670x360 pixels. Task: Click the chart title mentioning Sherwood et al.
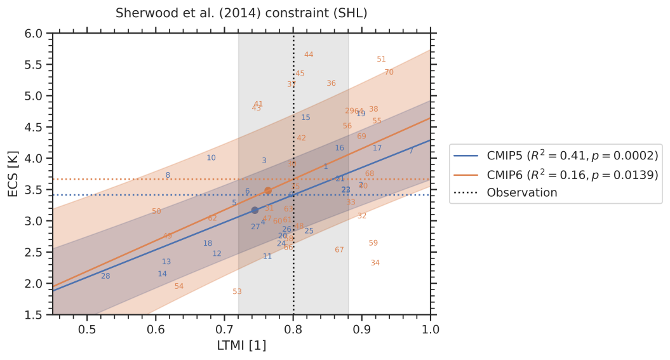(x=241, y=13)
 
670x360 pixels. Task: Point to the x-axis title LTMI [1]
(x=242, y=345)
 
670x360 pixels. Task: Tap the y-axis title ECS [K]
(x=13, y=173)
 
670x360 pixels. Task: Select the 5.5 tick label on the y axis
(x=34, y=65)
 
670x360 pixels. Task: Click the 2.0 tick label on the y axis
(x=34, y=284)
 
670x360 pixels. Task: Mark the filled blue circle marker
(x=255, y=210)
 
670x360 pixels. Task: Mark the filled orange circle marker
(x=268, y=190)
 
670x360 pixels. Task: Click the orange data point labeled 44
(x=309, y=55)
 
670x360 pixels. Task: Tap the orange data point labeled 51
(x=381, y=59)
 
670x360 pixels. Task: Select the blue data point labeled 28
(x=105, y=276)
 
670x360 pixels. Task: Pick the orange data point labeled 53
(x=237, y=292)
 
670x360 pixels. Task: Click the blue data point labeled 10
(x=211, y=158)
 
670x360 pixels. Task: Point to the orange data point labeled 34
(x=375, y=263)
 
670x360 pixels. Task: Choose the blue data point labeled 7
(x=411, y=151)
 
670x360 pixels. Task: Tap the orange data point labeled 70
(x=389, y=72)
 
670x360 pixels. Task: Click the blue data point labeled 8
(x=168, y=176)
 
